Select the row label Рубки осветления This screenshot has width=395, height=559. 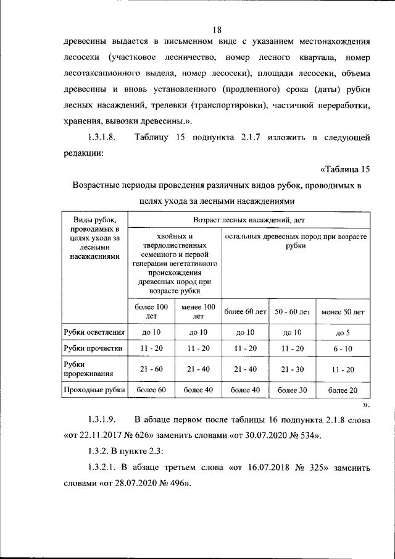click(x=94, y=333)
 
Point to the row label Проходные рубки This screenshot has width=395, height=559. click(x=94, y=390)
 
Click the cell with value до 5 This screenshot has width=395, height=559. click(x=343, y=333)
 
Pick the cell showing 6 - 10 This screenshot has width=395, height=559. click(x=343, y=349)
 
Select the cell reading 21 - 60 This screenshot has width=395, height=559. click(x=151, y=369)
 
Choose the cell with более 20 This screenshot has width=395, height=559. click(x=343, y=390)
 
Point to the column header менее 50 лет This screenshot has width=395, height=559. click(x=343, y=312)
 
